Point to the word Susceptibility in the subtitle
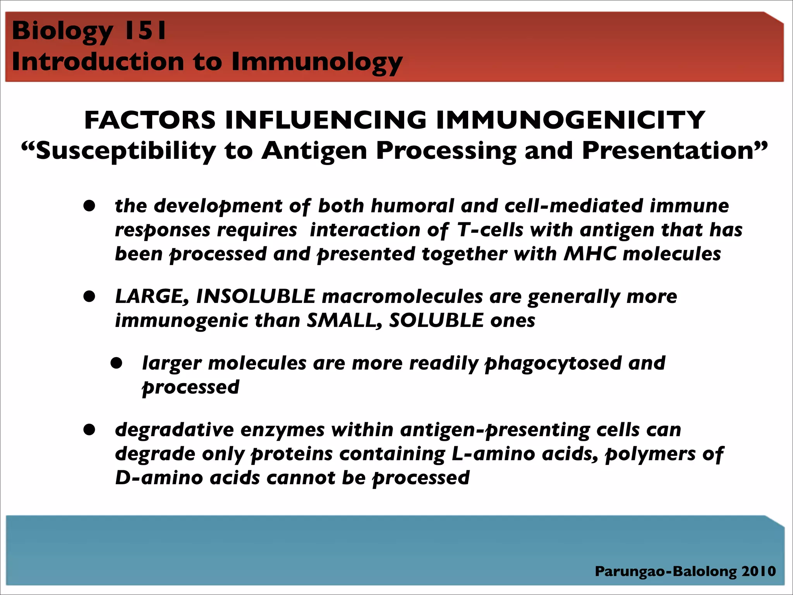click(126, 151)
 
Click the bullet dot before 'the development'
click(89, 206)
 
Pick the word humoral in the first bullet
click(413, 206)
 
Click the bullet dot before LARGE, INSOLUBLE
click(89, 297)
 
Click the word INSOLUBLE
click(256, 297)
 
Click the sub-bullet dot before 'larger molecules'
click(117, 363)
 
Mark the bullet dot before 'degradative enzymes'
click(89, 430)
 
